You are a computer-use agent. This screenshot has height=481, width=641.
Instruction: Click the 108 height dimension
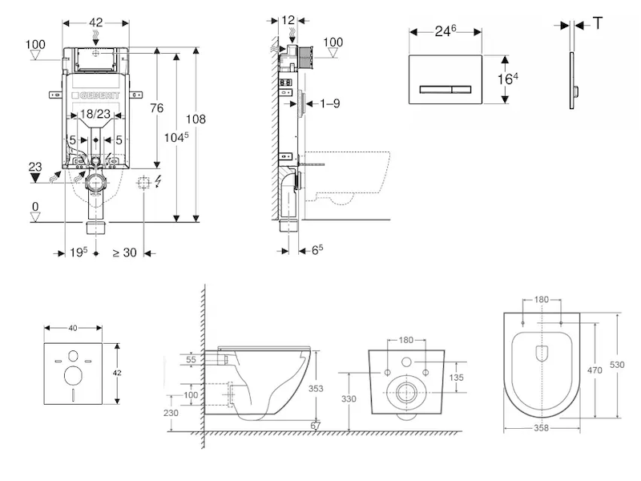point(196,119)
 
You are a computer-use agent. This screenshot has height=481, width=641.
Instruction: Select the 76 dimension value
point(157,108)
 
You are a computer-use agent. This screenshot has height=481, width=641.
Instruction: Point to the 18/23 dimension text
point(96,115)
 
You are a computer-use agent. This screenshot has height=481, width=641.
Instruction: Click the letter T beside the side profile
point(598,23)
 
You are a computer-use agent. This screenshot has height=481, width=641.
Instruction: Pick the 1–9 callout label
point(330,103)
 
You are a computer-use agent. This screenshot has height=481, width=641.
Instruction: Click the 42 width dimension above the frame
point(96,23)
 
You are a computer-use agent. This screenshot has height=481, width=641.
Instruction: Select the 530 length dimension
point(618,365)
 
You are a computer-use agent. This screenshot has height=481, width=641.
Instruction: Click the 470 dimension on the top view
point(595,371)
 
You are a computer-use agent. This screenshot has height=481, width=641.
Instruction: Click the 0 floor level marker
point(34,207)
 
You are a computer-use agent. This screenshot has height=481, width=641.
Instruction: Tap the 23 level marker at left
point(34,167)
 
